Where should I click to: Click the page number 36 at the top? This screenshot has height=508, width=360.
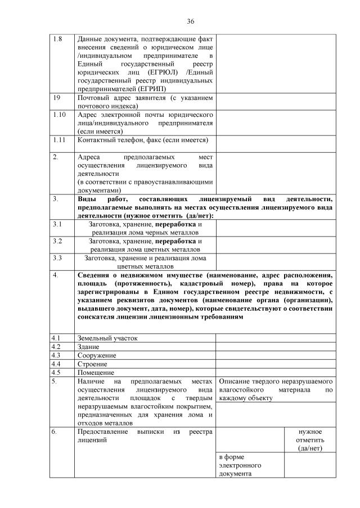191,21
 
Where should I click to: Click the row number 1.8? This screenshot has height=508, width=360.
57,39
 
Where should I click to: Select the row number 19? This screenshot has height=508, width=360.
56,98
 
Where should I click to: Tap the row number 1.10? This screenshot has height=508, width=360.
58,115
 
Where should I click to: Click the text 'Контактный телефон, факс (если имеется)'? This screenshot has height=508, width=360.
142,140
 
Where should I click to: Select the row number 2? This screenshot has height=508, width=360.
56,157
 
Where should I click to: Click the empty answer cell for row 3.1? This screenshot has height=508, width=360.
276,228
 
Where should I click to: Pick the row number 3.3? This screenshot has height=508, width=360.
57,258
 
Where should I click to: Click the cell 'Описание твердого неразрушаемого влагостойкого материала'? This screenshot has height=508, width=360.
276,389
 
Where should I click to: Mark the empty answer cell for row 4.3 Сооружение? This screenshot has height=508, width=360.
276,355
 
